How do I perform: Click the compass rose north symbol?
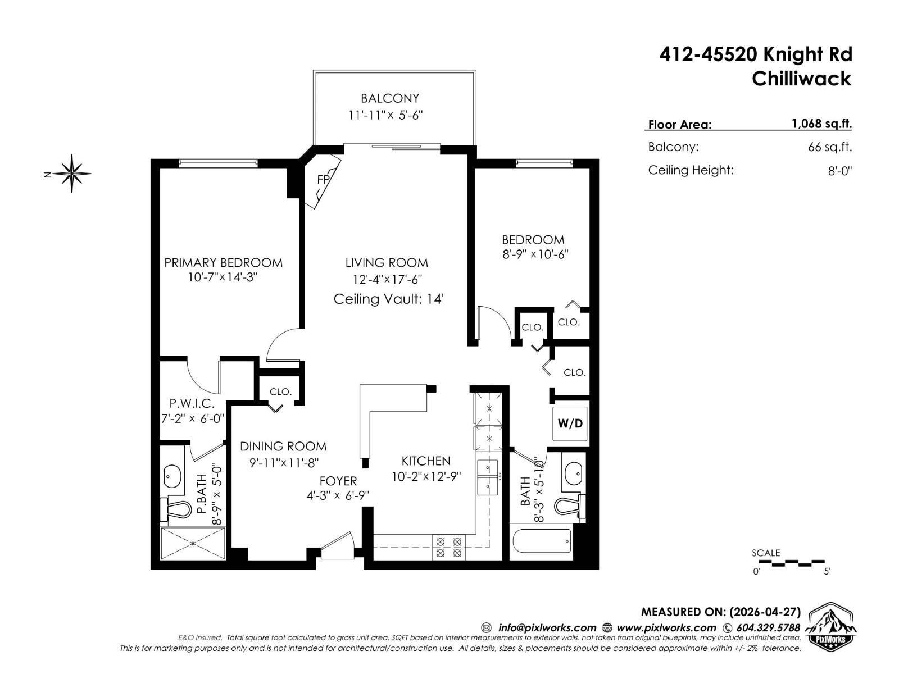click(x=72, y=174)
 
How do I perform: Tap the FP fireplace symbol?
click(x=323, y=180)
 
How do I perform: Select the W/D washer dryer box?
click(x=570, y=423)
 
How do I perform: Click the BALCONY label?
click(x=390, y=98)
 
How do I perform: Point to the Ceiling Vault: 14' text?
click(x=389, y=299)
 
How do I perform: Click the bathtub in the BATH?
click(x=542, y=543)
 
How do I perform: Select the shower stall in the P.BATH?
click(x=193, y=543)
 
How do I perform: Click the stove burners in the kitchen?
click(x=449, y=548)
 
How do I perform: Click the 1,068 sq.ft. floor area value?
click(x=821, y=124)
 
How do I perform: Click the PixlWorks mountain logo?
click(x=831, y=627)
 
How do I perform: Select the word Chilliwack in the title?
click(x=801, y=79)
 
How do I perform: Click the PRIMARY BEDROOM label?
click(x=223, y=263)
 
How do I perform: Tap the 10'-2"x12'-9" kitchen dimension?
click(x=426, y=477)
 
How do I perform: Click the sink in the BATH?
click(x=574, y=474)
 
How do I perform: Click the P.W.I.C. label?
click(x=192, y=403)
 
